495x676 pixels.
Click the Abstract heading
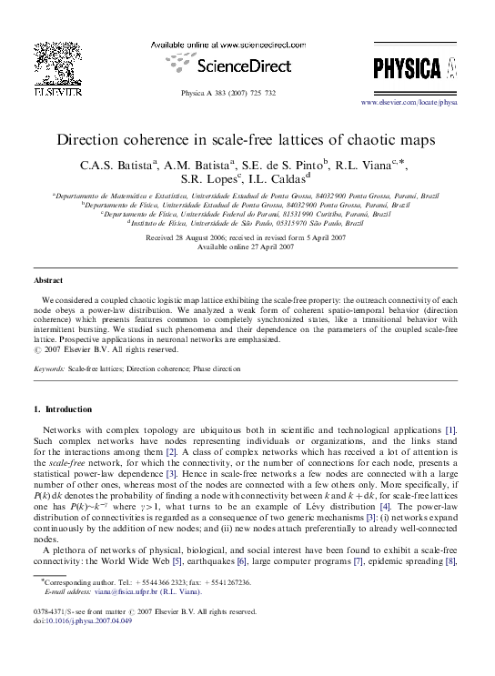(48, 281)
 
